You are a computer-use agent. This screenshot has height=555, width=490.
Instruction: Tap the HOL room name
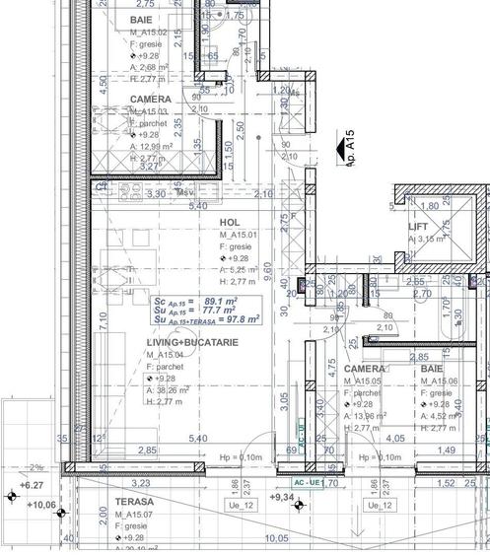(229, 224)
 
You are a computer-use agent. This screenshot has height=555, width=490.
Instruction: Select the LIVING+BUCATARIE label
(191, 342)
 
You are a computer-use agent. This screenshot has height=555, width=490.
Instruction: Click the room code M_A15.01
(239, 237)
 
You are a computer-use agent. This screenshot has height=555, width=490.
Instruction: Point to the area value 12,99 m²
(160, 146)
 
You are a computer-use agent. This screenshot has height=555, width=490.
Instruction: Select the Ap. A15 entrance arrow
(347, 146)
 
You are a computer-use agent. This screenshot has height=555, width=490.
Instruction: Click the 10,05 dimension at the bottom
(277, 538)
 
